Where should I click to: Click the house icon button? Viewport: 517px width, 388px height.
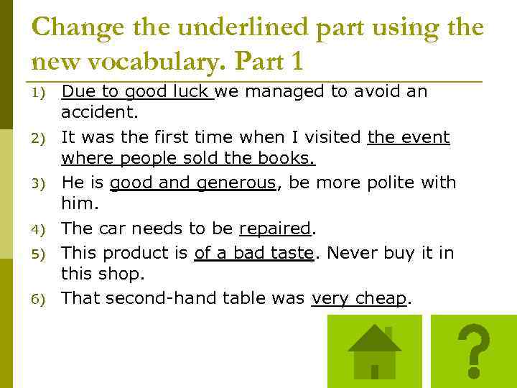click(373, 351)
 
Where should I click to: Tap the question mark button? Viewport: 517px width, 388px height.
click(473, 351)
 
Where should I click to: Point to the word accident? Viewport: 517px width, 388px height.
click(99, 113)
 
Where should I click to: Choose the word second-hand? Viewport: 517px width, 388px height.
click(162, 297)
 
